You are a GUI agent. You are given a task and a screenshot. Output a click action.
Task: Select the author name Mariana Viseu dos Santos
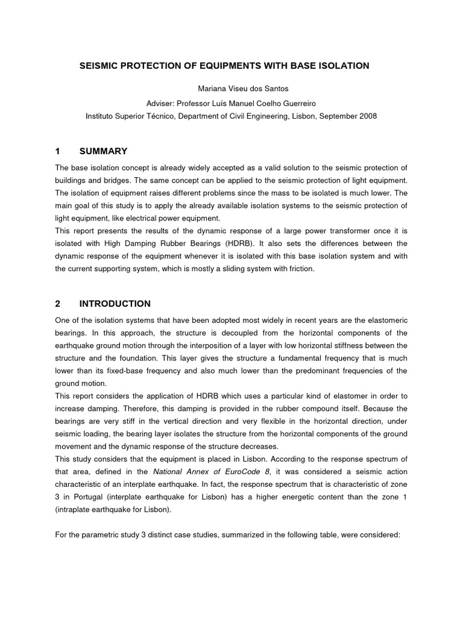pyautogui.click(x=231, y=89)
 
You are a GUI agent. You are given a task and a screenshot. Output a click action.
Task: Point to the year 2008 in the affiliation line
pyautogui.click(x=367, y=116)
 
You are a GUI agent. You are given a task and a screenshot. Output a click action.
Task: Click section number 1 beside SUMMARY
pyautogui.click(x=58, y=151)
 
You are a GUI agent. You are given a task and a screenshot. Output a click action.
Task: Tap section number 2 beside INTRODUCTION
pyautogui.click(x=58, y=304)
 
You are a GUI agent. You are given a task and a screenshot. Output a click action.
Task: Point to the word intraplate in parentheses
pyautogui.click(x=78, y=509)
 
